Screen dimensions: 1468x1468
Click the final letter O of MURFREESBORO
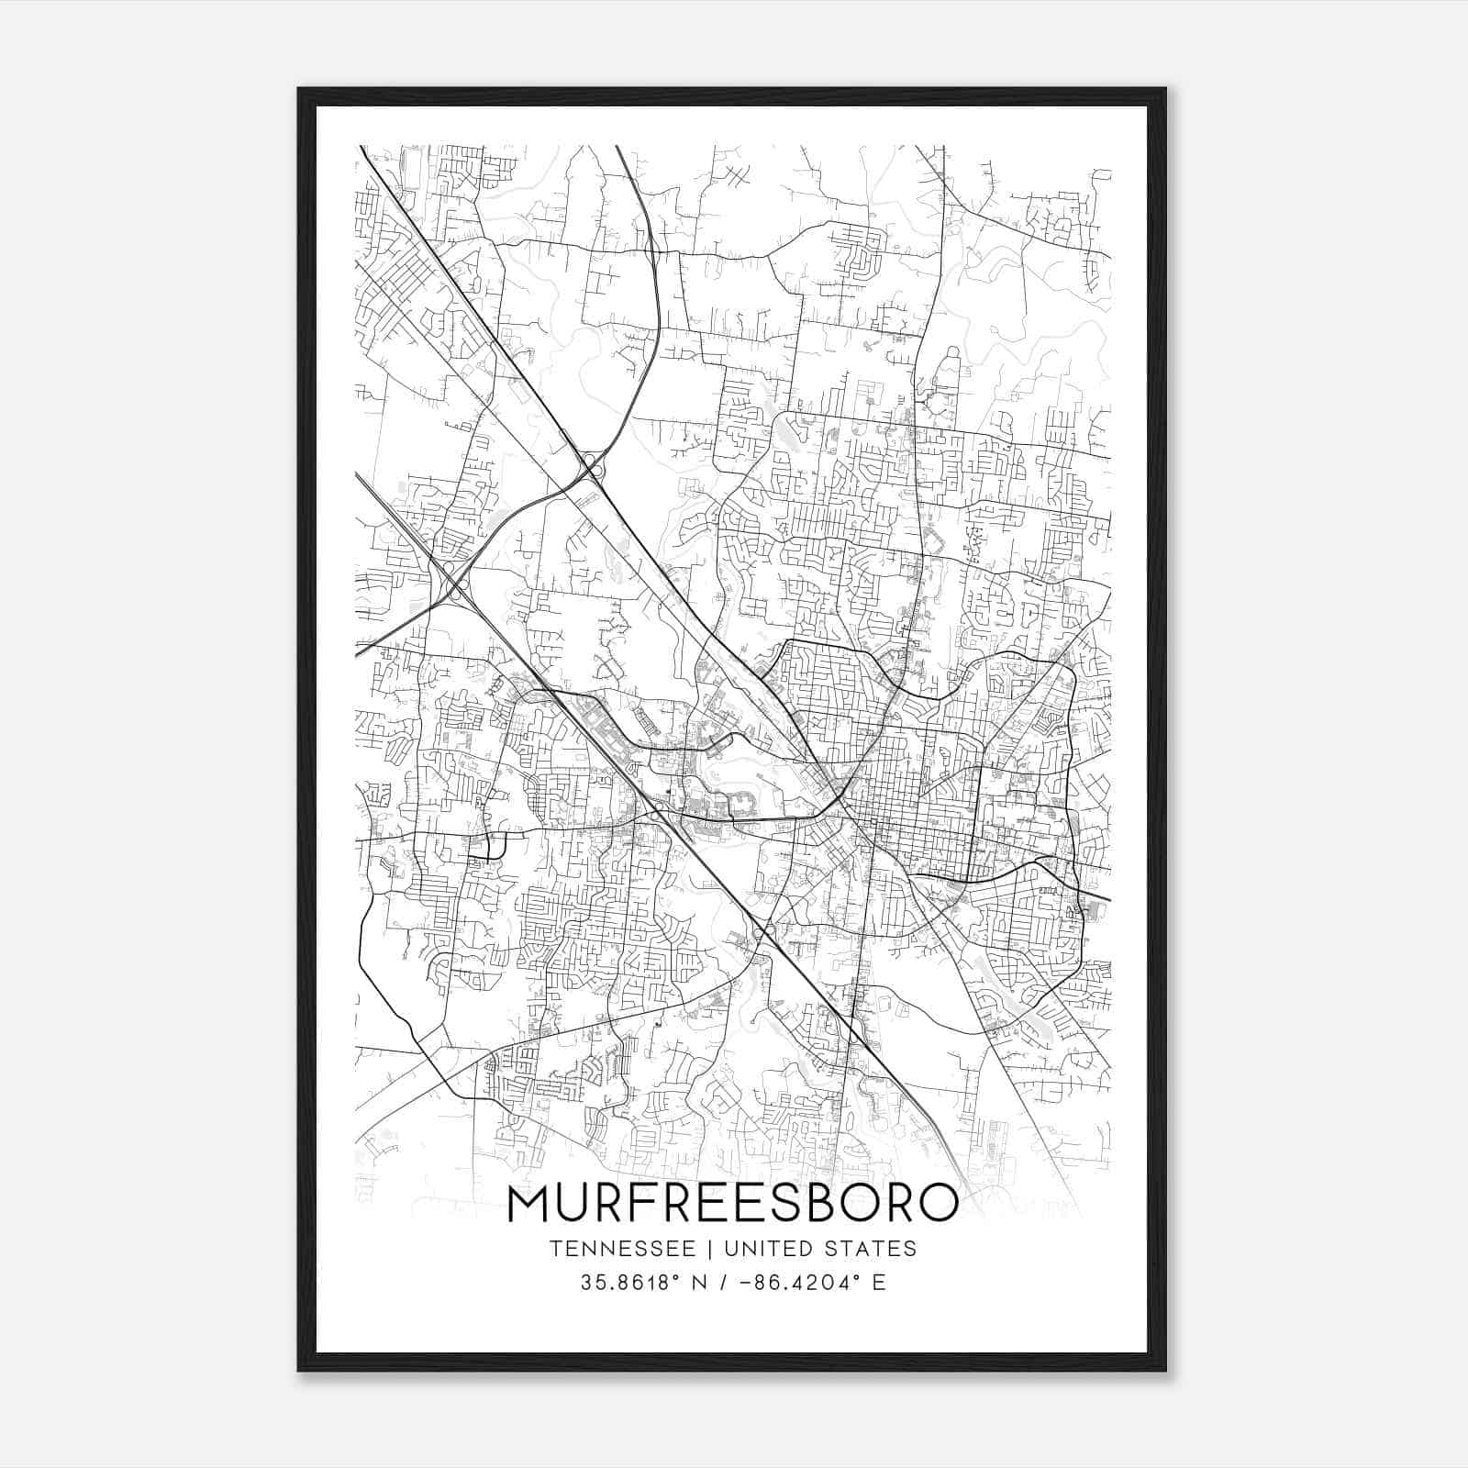tap(936, 1205)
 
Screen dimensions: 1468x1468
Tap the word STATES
tap(873, 1249)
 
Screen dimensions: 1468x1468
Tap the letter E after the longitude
tap(879, 1283)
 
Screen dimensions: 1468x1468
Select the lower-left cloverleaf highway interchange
tap(450, 581)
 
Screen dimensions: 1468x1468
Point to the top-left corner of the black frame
tap(299, 89)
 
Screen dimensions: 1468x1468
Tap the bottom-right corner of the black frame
tap(1165, 1370)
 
